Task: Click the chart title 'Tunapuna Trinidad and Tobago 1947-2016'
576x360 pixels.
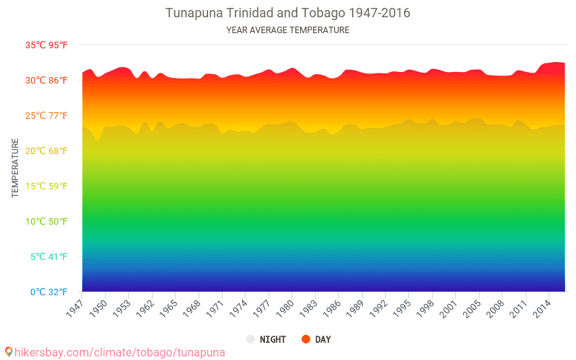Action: (x=288, y=13)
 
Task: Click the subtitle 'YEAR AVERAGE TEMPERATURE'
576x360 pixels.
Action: (x=288, y=30)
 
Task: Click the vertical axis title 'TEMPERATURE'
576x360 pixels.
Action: (x=15, y=168)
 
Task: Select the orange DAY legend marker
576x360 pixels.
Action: (x=306, y=339)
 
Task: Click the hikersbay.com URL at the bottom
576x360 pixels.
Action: (x=115, y=352)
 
